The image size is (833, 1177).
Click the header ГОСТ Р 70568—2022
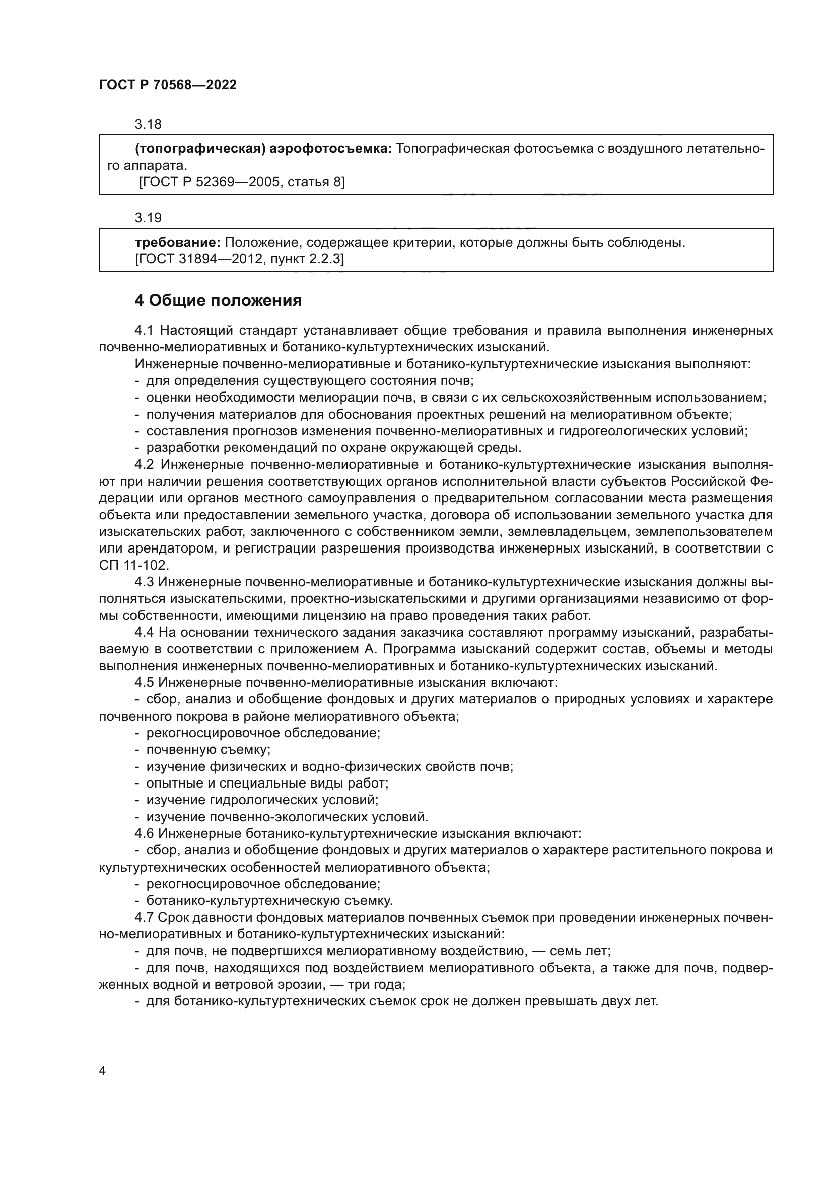[x=168, y=85]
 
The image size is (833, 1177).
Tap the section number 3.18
[x=148, y=125]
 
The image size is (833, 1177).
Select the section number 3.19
[x=148, y=218]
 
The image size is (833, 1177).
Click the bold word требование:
[x=177, y=243]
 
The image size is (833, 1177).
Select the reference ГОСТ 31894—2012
[x=200, y=259]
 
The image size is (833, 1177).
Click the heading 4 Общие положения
[x=218, y=301]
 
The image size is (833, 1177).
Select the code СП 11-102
[x=133, y=566]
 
